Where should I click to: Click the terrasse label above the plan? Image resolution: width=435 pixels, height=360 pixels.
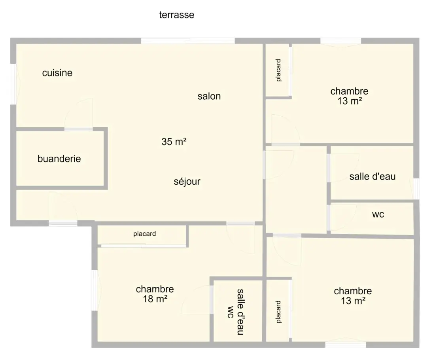point(176,15)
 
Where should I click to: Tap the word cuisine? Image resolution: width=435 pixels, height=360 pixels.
point(57,73)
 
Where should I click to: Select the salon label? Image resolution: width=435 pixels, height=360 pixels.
point(209,96)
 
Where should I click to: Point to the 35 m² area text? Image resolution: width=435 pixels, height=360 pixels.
point(174,142)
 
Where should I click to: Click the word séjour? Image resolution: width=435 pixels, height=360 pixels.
point(187,182)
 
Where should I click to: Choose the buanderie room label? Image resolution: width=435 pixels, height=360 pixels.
point(59,159)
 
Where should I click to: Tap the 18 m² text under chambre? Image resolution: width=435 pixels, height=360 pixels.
point(155,299)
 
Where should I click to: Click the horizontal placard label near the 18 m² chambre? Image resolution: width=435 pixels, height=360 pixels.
point(144,234)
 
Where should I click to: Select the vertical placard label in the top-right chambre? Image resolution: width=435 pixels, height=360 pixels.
point(278,70)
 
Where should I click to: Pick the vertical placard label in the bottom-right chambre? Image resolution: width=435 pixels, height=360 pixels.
point(278,312)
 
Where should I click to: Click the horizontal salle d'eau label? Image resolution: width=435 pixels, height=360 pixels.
point(372,176)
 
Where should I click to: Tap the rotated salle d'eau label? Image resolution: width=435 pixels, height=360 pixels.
point(240,312)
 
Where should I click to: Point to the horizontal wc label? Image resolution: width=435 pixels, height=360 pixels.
point(378,214)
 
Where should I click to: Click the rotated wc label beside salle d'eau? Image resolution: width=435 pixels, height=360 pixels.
point(230,312)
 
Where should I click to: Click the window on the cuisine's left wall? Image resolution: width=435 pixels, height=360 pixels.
point(13,84)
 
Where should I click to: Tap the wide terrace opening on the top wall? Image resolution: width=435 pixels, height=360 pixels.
point(188,41)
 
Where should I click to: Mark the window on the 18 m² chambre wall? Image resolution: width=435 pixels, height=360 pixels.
point(95,290)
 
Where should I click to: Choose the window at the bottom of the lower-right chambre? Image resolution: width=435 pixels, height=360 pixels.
point(345,345)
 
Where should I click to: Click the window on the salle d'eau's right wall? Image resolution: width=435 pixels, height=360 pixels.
point(416,189)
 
